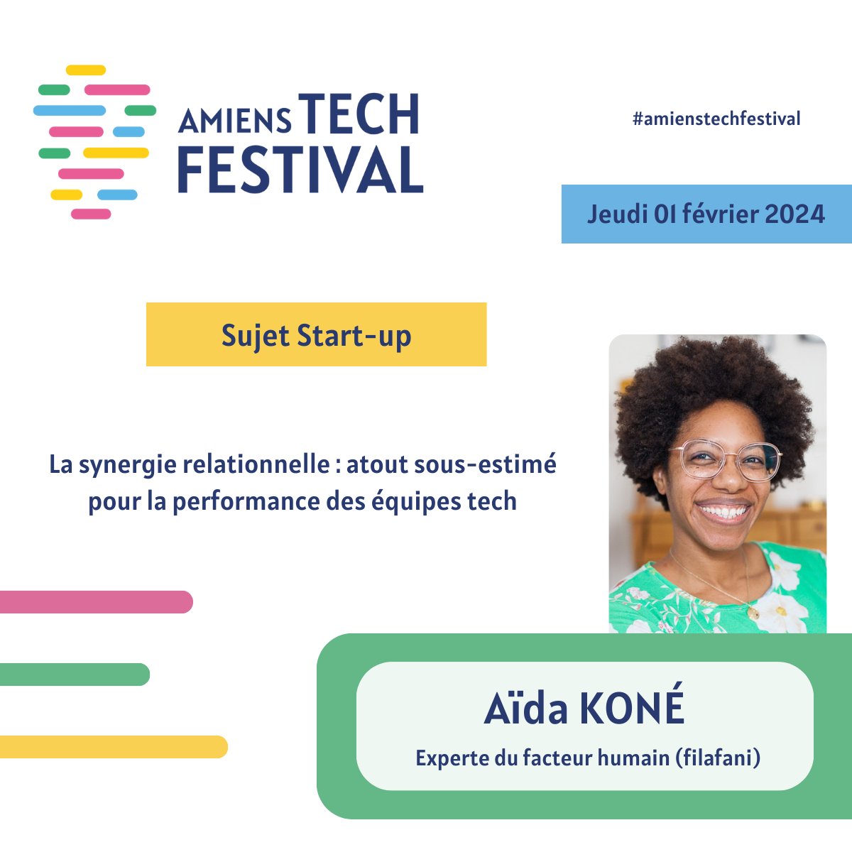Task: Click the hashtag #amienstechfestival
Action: click(716, 119)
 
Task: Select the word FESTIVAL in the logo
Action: click(300, 170)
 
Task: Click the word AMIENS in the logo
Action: click(234, 121)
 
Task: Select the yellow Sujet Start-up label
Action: click(316, 335)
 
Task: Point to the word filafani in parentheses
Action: click(718, 758)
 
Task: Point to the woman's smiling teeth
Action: click(724, 512)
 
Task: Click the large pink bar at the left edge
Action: click(96, 602)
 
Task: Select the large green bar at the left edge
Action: click(74, 674)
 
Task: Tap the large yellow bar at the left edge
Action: click(114, 747)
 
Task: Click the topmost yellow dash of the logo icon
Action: click(86, 70)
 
